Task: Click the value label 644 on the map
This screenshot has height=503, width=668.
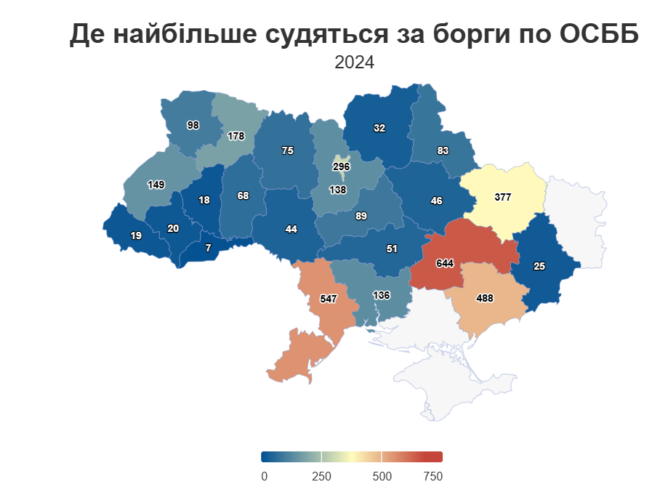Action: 444,262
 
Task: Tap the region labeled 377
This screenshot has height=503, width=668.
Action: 502,197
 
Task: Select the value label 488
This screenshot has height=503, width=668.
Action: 485,298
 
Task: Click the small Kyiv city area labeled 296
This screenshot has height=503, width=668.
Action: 342,166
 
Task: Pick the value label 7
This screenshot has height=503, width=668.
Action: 209,248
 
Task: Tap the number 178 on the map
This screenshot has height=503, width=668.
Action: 236,136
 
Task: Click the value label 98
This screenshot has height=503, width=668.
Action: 193,125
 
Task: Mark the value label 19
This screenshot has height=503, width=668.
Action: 136,236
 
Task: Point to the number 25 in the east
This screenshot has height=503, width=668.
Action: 539,266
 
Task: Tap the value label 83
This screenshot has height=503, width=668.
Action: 443,150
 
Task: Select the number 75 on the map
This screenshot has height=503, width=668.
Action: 287,150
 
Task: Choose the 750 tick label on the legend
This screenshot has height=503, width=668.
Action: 432,476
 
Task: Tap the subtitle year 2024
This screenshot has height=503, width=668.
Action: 354,63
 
